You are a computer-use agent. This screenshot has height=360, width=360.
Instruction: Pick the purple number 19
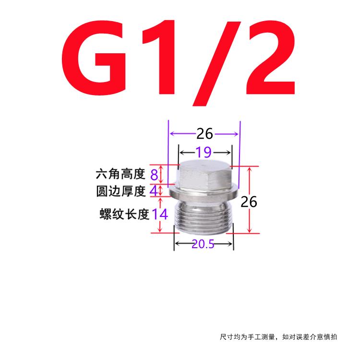pos(204,153)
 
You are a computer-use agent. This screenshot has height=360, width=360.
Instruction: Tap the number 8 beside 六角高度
pos(154,174)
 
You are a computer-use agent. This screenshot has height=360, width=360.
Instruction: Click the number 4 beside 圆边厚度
pos(154,191)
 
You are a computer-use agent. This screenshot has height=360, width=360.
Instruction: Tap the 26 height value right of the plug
pos(249,202)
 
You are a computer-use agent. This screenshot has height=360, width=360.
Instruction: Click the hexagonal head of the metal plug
pos(204,175)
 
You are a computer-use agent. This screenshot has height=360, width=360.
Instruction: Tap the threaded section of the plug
pos(204,216)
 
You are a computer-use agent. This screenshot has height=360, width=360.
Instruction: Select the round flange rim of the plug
pos(204,194)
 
